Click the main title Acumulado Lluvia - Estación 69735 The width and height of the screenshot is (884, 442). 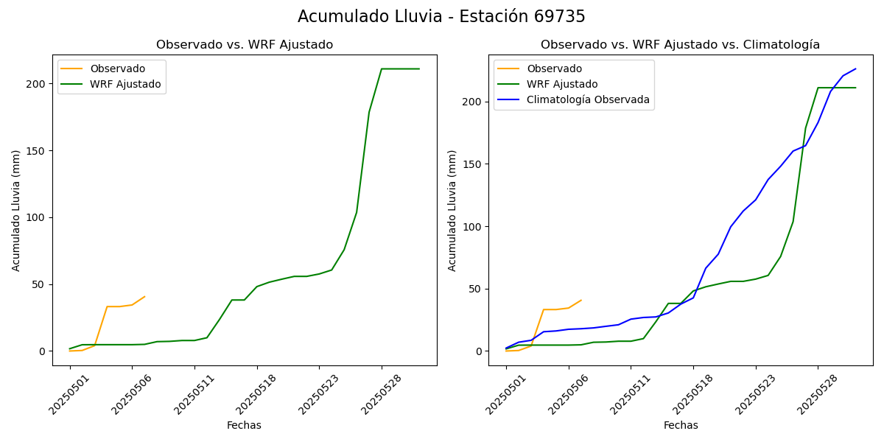(x=441, y=17)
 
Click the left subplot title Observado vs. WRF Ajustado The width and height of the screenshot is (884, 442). (x=245, y=45)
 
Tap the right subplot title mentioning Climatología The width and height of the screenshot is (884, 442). (x=680, y=45)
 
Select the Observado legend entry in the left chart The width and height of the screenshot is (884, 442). (x=117, y=69)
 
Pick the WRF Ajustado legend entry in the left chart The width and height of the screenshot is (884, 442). (x=125, y=84)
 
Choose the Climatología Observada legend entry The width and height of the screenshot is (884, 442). (x=588, y=99)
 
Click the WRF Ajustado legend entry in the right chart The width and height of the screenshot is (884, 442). (x=562, y=84)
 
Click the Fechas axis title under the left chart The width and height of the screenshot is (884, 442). (x=244, y=425)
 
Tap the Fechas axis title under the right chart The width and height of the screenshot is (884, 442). (x=681, y=425)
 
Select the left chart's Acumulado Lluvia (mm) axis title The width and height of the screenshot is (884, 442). (x=17, y=210)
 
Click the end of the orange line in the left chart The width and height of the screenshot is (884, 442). (x=144, y=297)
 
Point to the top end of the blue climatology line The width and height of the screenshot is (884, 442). (x=855, y=69)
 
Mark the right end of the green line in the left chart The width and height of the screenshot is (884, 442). (x=419, y=69)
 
